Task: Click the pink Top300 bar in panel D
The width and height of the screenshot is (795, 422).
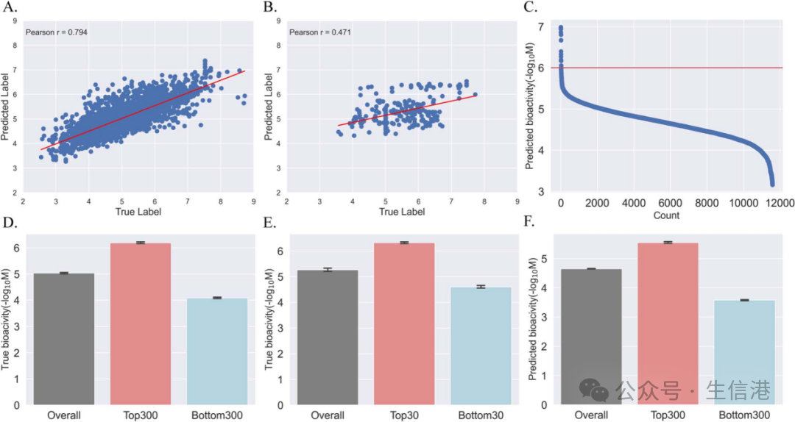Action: (x=141, y=323)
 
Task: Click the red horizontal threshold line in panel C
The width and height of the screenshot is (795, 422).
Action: (x=662, y=68)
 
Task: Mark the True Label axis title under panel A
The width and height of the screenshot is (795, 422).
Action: (x=138, y=212)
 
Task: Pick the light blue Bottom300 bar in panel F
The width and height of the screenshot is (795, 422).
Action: (x=745, y=352)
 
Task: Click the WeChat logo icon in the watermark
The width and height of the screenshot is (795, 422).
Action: (x=594, y=390)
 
